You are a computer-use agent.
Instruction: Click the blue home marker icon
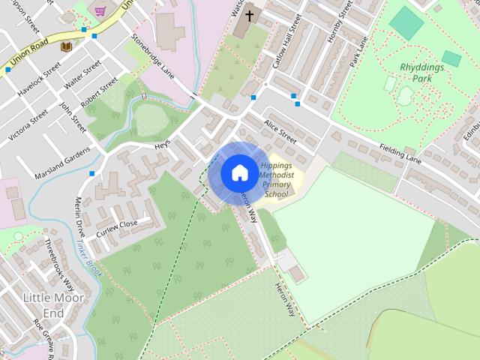pos(238,172)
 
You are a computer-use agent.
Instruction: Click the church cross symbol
pos(249,14)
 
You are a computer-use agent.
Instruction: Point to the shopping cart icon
pos(100,11)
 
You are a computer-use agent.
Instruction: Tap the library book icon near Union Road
pos(66,46)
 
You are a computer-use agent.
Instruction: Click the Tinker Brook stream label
pos(88,259)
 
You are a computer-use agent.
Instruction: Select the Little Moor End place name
pos(53,305)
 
